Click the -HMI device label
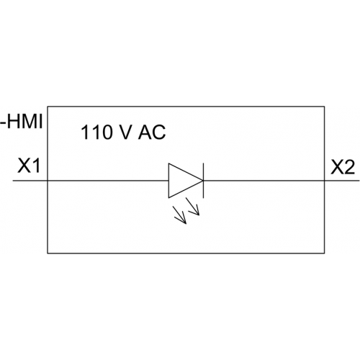pyautogui.click(x=21, y=121)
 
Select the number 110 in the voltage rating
pyautogui.click(x=96, y=132)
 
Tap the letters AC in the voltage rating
pyautogui.click(x=152, y=132)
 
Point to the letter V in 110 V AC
pyautogui.click(x=125, y=132)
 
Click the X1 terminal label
pyautogui.click(x=28, y=166)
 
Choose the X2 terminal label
pyautogui.click(x=343, y=167)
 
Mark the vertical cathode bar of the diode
pyautogui.click(x=204, y=181)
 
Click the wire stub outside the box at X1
pyautogui.click(x=30, y=181)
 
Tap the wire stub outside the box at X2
pyautogui.click(x=342, y=181)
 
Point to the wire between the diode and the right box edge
pyautogui.click(x=264, y=181)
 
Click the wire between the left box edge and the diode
pyautogui.click(x=108, y=181)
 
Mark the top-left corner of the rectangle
pyautogui.click(x=48, y=107)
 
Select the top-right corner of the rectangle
pyautogui.click(x=325, y=107)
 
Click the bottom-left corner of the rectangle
pyautogui.click(x=48, y=253)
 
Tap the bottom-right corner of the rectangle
pyautogui.click(x=325, y=253)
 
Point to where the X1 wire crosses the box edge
pyautogui.click(x=48, y=181)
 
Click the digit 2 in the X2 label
pyautogui.click(x=349, y=167)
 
